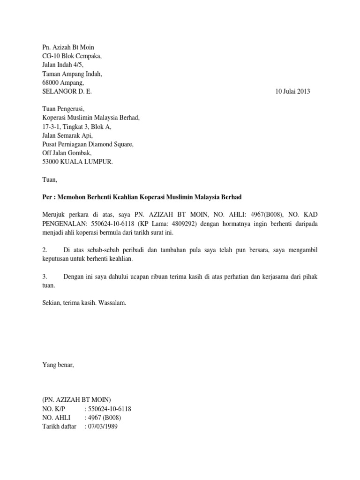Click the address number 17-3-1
[x=51, y=127]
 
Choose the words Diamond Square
[x=114, y=144]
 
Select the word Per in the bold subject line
[x=47, y=197]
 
